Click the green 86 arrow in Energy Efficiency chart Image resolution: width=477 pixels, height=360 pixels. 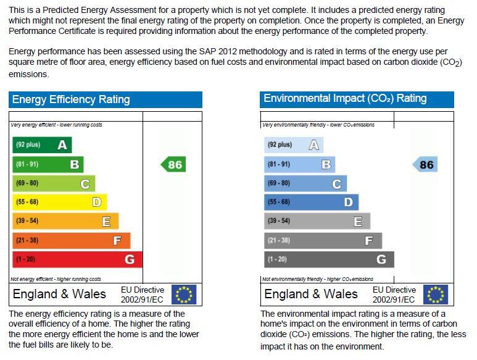tap(173, 164)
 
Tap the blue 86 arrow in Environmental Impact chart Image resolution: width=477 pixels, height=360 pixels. tap(425, 164)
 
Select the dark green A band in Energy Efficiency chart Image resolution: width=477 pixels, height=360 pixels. tap(42, 145)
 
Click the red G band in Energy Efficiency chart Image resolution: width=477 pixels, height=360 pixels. tap(77, 259)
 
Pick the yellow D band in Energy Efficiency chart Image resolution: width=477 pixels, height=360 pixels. tap(60, 202)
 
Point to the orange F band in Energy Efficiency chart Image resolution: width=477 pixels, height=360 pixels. tap(71, 240)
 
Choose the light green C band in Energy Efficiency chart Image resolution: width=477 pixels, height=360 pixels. tap(54, 183)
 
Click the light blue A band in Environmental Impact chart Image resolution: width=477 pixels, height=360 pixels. tap(294, 145)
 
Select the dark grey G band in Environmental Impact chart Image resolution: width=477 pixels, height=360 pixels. tap(329, 259)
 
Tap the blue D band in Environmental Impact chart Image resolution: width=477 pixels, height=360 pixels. tap(311, 202)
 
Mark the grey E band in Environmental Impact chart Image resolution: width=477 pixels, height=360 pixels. tap(317, 221)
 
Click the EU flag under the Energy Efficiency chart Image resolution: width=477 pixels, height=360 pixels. tap(183, 295)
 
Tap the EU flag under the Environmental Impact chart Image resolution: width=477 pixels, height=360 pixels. tap(436, 295)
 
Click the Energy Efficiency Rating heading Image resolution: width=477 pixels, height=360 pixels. tap(71, 99)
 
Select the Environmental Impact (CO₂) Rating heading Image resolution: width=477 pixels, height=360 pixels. tap(345, 99)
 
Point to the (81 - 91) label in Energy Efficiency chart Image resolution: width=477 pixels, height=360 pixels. tap(27, 164)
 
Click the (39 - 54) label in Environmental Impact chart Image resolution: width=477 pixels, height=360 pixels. tap(279, 221)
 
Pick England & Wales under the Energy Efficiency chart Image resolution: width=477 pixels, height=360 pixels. tap(59, 294)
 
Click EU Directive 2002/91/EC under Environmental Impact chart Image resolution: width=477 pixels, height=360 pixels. tap(394, 295)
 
